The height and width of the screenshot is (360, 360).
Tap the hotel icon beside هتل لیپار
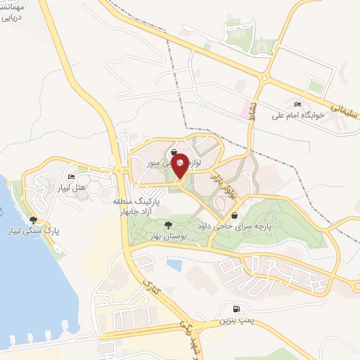[x=71, y=176]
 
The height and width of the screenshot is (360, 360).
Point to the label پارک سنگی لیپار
[x=51, y=231]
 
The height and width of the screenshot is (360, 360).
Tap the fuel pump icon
[x=235, y=308]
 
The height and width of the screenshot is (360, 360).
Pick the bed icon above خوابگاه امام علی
[x=298, y=103]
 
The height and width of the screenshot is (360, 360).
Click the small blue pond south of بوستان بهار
[x=174, y=266]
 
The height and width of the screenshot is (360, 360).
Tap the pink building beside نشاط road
[x=247, y=109]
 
